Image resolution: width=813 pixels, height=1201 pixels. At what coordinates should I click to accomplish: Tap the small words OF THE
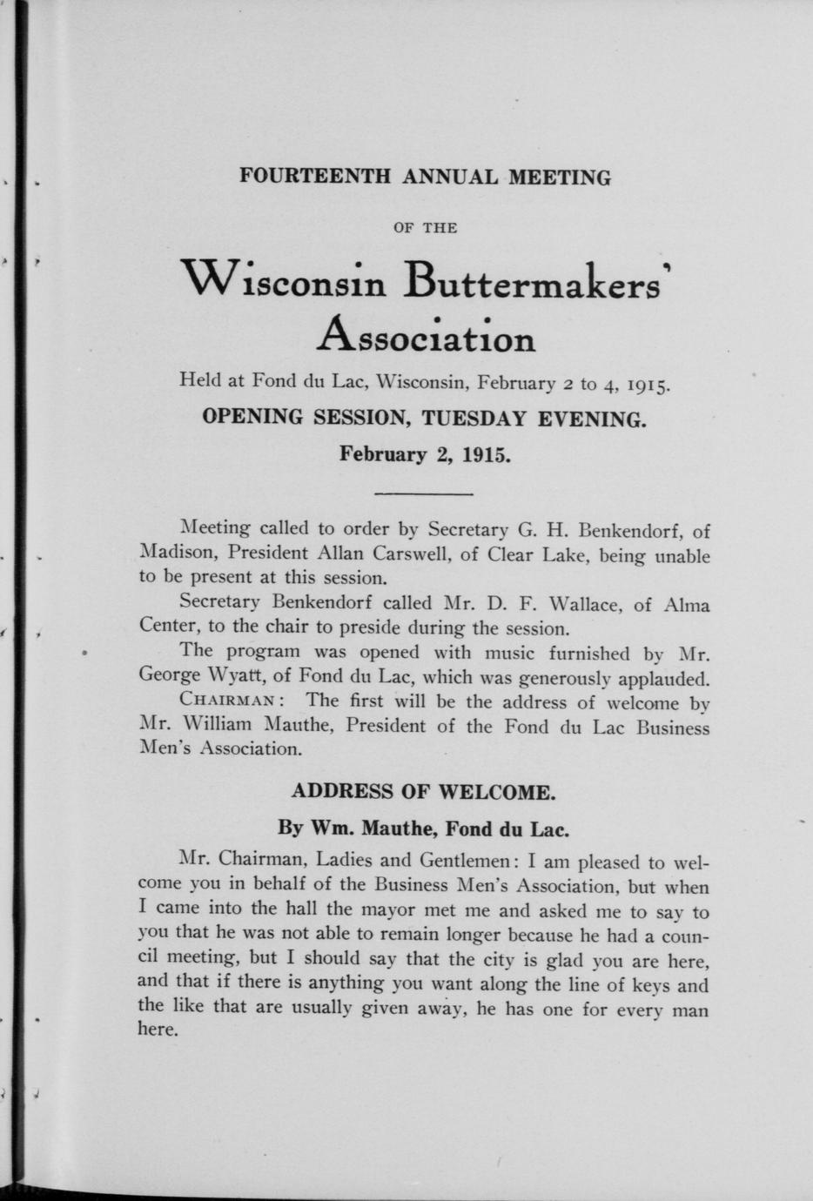(x=426, y=228)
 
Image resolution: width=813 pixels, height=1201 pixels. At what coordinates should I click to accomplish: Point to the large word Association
(x=427, y=335)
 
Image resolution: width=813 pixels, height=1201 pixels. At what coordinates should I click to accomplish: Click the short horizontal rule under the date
(x=423, y=494)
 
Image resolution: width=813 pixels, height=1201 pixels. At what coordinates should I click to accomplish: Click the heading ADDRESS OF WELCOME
(x=423, y=792)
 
